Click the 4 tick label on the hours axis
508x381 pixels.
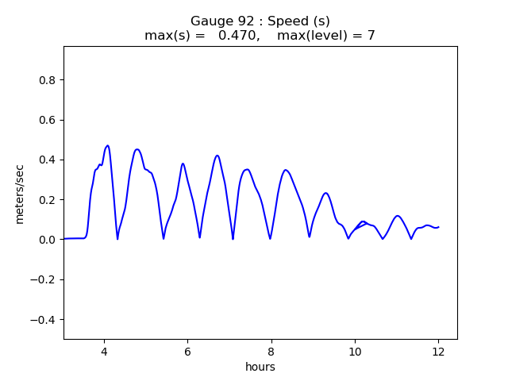tap(104, 351)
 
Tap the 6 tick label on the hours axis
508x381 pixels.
tap(187, 351)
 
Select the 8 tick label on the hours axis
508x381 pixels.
tap(271, 351)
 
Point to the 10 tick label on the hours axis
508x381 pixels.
tap(355, 351)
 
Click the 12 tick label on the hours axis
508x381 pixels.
tap(438, 351)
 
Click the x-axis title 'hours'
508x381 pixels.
tap(260, 367)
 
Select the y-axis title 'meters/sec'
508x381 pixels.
tap(20, 194)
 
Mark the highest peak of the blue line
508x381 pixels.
tap(107, 146)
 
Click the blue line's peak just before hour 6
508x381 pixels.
tap(183, 164)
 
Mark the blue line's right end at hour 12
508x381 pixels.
tap(438, 227)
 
